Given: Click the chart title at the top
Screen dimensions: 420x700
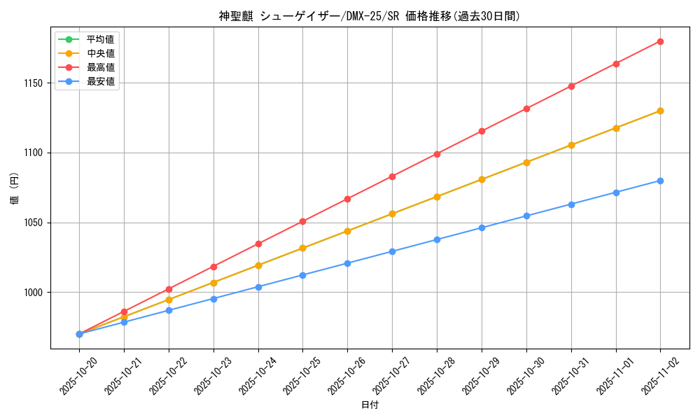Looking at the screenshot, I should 370,16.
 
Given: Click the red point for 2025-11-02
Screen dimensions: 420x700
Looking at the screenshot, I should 660,41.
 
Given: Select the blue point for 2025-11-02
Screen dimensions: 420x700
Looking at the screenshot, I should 660,181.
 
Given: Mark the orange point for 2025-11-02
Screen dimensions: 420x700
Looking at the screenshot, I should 660,111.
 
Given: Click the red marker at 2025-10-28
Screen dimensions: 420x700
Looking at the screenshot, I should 437,153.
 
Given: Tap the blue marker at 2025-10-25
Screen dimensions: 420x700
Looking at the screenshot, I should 302,275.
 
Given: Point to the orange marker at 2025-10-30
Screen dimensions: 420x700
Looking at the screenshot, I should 526,162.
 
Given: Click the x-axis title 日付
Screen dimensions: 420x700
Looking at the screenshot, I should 370,405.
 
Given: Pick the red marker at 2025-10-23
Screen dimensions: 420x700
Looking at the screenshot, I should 213,267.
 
